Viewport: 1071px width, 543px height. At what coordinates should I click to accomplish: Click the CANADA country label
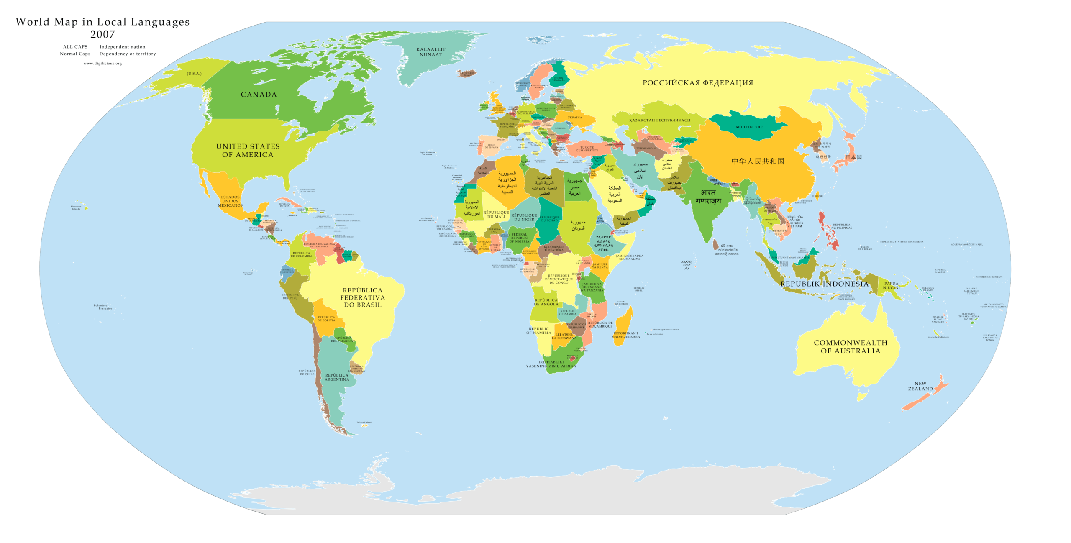259,95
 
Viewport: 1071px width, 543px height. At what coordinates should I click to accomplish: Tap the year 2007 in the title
102,34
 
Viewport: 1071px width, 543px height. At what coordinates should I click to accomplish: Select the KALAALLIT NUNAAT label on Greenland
430,52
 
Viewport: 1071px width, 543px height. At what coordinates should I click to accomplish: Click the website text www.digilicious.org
102,64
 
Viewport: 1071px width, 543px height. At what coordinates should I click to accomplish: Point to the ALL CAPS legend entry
75,47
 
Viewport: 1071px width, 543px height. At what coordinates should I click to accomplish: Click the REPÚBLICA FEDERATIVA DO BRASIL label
362,297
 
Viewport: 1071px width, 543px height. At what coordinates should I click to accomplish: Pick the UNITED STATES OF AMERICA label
248,151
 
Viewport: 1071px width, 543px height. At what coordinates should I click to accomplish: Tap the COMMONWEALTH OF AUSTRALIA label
851,347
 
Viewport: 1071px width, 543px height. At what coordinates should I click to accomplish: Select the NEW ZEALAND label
920,386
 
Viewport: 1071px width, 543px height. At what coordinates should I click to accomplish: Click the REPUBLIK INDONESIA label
824,284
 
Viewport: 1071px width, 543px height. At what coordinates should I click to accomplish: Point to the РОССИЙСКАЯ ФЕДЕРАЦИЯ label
697,83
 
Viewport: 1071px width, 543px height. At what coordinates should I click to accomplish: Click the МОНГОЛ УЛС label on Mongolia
749,127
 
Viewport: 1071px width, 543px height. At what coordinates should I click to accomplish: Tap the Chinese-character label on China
758,161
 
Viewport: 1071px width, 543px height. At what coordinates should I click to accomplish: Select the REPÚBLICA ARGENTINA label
336,377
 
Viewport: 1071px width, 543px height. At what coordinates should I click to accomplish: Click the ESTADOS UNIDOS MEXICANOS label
230,201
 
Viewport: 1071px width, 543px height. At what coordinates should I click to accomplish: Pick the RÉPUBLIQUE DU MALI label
496,215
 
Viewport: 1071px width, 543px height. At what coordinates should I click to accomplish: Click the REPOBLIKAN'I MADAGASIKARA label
625,335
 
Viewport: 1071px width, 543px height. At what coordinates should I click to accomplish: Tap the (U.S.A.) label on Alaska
194,74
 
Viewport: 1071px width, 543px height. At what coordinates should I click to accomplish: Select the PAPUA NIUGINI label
891,285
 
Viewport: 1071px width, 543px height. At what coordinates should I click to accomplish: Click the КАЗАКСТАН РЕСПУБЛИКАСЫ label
659,120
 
